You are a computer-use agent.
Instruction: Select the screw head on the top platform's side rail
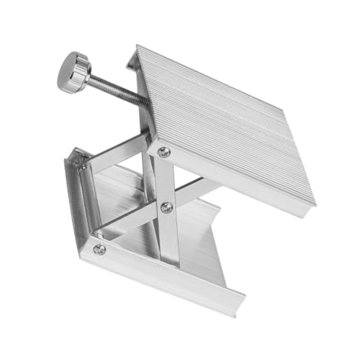(x=163, y=151)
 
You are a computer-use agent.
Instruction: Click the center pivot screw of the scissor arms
(x=166, y=207)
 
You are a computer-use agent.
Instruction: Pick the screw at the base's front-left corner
(x=99, y=249)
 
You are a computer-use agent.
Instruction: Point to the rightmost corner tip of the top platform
(x=314, y=203)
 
